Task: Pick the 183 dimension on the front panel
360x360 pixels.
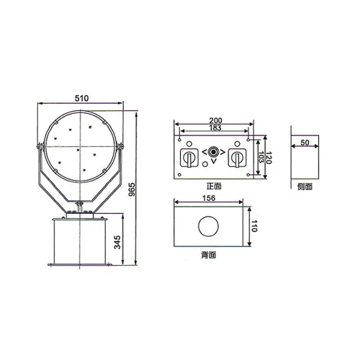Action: [x=214, y=130]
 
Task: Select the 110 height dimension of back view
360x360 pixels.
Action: [x=253, y=227]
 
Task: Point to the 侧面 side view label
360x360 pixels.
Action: [x=305, y=186]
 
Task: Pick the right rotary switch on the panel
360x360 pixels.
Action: [x=235, y=159]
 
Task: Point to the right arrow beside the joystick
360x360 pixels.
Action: [x=222, y=153]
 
